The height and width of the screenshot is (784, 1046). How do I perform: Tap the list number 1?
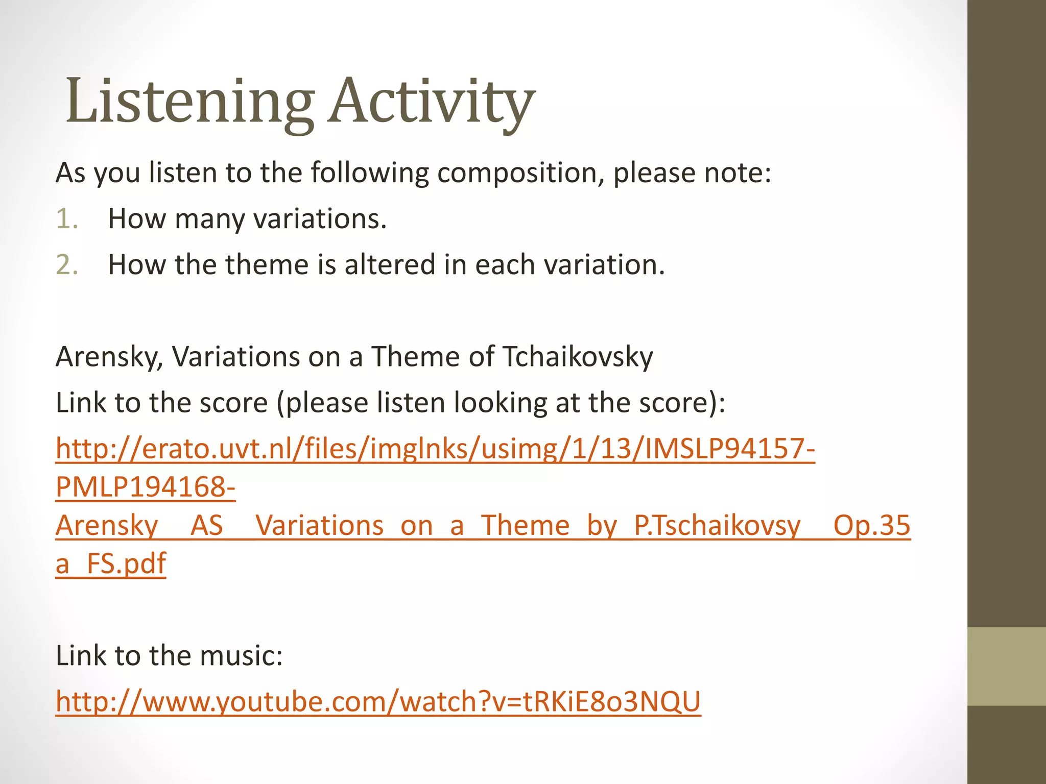(x=67, y=219)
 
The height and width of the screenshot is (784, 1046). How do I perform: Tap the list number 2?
(x=67, y=265)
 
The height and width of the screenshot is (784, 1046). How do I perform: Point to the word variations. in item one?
(x=320, y=219)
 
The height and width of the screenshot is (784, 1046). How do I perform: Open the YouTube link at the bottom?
(x=378, y=701)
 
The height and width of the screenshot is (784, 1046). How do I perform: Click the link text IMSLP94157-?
(x=730, y=449)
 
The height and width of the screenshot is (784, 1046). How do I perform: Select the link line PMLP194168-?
(x=146, y=487)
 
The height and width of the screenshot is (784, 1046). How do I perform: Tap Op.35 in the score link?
(x=871, y=525)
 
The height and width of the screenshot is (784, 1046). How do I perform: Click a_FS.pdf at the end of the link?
(x=111, y=563)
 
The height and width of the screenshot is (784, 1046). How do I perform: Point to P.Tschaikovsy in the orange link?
(x=717, y=525)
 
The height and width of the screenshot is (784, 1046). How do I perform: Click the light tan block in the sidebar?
(x=1007, y=667)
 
